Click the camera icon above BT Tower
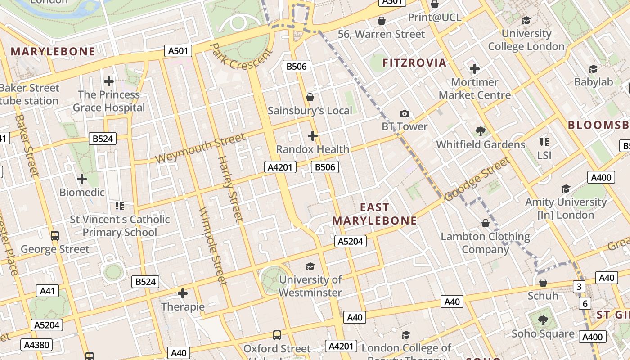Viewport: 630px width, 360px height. coord(405,114)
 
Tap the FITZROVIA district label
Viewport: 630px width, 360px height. coord(414,63)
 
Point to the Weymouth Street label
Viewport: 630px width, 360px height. coord(201,148)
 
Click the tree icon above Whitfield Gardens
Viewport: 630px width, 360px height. coord(480,131)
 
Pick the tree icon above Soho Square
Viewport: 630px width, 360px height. coord(543,320)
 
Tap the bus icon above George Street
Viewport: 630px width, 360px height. coord(55,236)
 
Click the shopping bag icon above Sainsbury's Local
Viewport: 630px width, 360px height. coord(310,97)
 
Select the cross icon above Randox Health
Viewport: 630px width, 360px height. coord(312,136)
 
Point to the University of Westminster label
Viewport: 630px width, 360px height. coord(310,286)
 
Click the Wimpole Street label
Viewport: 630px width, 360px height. coord(211,246)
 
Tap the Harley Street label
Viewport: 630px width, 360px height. coord(230,189)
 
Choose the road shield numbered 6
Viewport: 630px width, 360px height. coord(585,304)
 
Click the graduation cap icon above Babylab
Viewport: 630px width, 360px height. coord(593,69)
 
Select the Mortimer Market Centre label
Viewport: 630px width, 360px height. coord(474,89)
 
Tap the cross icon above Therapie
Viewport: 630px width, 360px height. coord(183,294)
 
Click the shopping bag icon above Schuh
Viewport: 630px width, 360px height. coord(543,283)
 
